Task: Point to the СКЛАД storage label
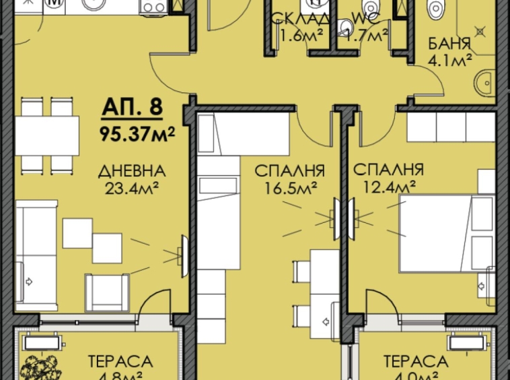point(291,17)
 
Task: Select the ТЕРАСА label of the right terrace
point(415,362)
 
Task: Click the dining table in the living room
point(46,135)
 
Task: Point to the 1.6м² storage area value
point(291,35)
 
